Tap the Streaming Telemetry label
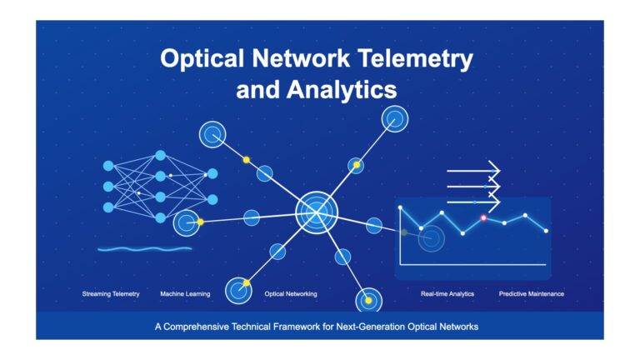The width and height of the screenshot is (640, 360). [111, 294]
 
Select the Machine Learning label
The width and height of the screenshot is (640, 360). [185, 294]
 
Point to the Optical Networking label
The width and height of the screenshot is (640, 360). [291, 294]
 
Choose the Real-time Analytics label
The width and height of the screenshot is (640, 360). [447, 294]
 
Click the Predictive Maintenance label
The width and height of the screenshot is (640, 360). [532, 294]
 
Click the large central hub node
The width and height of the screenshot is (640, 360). [317, 212]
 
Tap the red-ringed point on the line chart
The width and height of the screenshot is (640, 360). [483, 218]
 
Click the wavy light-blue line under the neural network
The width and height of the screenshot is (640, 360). [145, 248]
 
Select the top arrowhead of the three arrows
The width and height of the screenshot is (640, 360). [495, 171]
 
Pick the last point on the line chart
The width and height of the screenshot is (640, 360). [546, 231]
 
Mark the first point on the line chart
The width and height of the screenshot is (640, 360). [400, 207]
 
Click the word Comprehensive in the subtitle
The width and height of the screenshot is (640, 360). [196, 327]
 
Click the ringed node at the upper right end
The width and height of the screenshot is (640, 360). [395, 119]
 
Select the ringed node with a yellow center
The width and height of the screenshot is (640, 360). [368, 301]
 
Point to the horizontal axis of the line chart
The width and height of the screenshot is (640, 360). [473, 265]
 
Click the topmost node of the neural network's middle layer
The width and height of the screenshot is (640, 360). [160, 156]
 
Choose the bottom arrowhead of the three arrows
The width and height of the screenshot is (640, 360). [495, 202]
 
